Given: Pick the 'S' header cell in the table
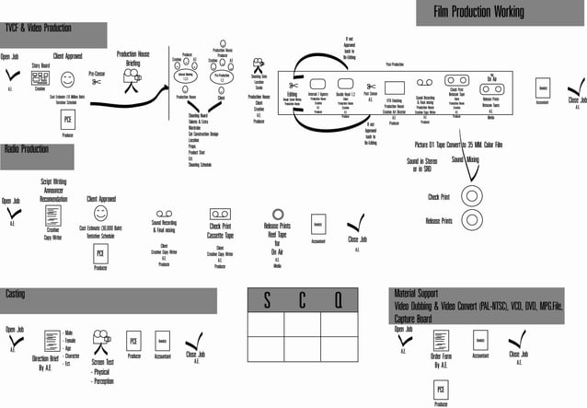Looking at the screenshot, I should (267, 301).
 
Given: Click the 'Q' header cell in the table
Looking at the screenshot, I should (338, 301).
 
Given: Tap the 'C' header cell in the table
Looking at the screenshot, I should (302, 301).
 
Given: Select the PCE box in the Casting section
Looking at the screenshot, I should (132, 339).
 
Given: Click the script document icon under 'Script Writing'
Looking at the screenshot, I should (53, 217).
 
